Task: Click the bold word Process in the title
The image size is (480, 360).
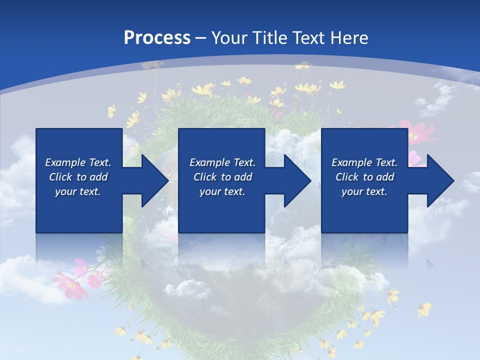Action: pos(157,38)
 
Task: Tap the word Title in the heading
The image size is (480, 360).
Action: pos(269,38)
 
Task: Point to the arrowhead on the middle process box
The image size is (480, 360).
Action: pos(296,180)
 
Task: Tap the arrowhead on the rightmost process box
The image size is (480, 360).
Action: pos(439,180)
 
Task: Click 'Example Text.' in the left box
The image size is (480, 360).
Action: pos(78,162)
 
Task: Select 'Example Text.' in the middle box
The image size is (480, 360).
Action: pos(222,162)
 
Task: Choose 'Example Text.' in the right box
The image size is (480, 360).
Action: pos(364,162)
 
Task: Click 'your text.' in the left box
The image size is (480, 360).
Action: pos(78,191)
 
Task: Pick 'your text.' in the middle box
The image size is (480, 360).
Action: pos(222,191)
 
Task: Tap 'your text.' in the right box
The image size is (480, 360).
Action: pos(364,191)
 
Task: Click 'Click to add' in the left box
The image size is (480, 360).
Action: pos(78,177)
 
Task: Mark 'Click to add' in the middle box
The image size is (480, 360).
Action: pos(222,177)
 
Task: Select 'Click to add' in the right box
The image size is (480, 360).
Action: pos(364,177)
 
